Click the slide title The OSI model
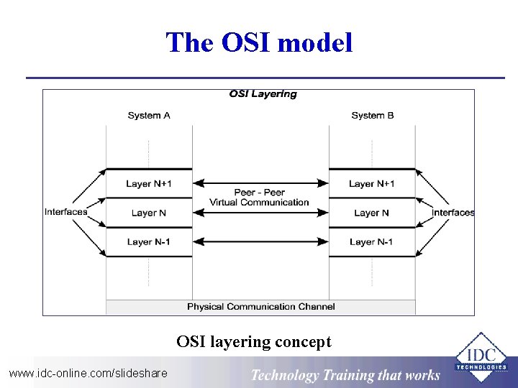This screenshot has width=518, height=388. [259, 43]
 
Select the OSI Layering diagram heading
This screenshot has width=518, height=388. [263, 94]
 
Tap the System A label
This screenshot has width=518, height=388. [149, 116]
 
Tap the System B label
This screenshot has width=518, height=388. [373, 116]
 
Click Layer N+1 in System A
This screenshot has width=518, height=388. [149, 184]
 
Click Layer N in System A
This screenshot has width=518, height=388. [149, 213]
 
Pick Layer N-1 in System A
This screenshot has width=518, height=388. [149, 242]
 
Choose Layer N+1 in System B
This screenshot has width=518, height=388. [372, 184]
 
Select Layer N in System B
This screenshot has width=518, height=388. [372, 213]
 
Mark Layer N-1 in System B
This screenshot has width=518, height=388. [372, 242]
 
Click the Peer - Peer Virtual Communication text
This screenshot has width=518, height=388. [260, 198]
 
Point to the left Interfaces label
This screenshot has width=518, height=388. [65, 212]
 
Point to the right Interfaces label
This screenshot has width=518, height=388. [453, 213]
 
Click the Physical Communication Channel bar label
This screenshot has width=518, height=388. [260, 307]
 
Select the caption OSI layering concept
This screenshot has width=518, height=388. [254, 342]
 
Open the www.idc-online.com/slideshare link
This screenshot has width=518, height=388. [88, 373]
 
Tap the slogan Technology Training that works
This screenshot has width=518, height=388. [345, 375]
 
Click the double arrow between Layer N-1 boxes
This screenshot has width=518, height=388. [260, 242]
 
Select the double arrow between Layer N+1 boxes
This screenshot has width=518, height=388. [260, 183]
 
